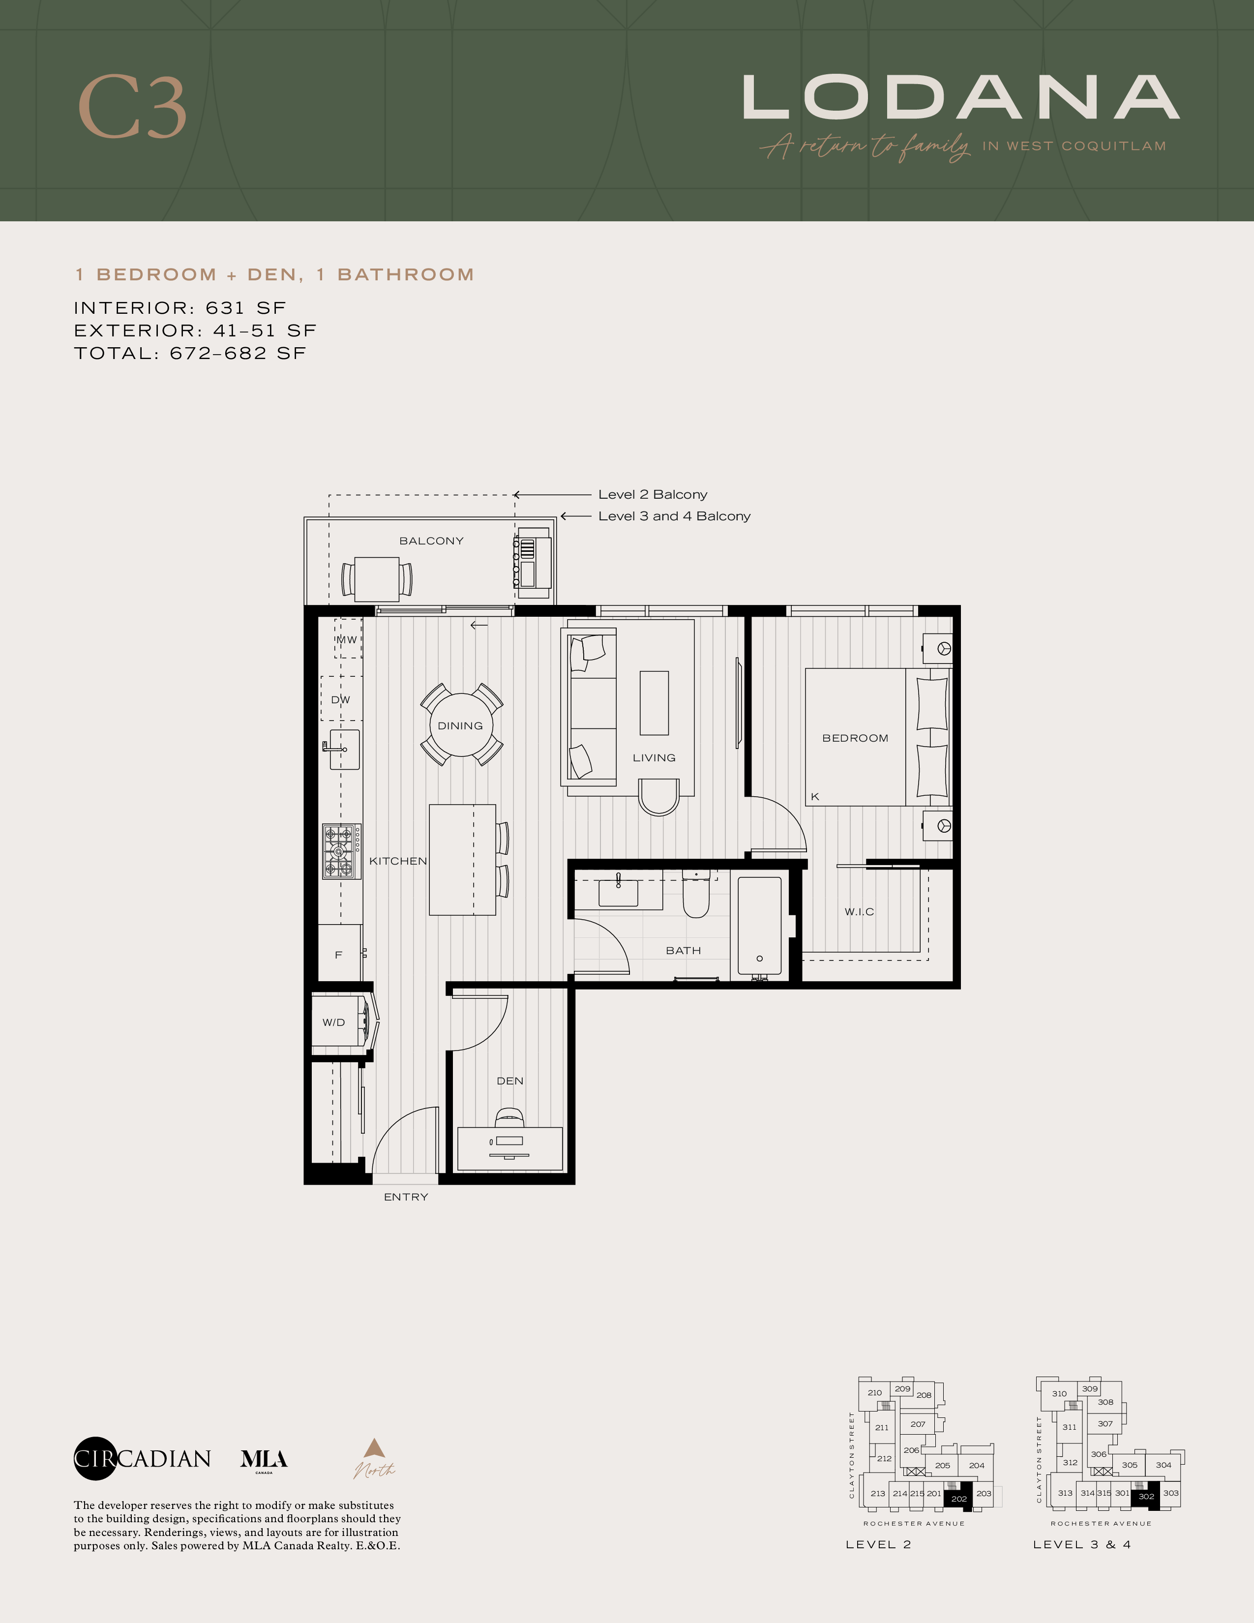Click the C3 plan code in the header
click(132, 107)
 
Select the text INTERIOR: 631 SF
click(180, 308)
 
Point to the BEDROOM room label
click(855, 738)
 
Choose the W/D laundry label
click(333, 1022)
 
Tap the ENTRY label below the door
click(406, 1197)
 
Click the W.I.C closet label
click(860, 912)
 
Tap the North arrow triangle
click(374, 1447)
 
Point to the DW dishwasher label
click(340, 699)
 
